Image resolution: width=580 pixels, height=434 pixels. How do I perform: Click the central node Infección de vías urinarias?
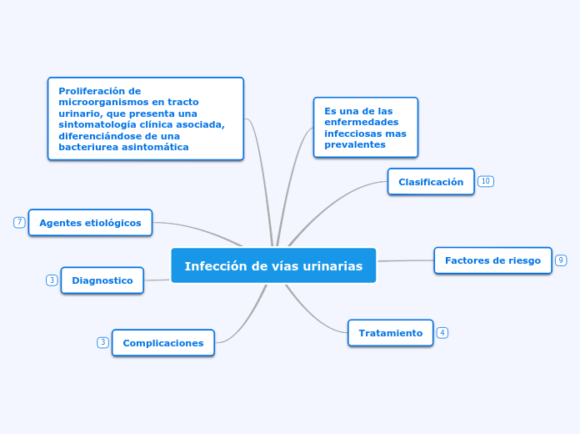273,265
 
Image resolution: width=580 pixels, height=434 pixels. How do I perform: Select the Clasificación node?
431,181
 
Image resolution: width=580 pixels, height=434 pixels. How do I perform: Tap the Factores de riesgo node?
492,260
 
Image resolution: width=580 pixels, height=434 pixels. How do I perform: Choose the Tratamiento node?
390,332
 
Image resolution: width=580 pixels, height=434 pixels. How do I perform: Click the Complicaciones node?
163,342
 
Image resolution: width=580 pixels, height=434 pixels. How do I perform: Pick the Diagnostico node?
102,280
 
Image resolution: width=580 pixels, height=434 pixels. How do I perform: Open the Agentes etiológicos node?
91,223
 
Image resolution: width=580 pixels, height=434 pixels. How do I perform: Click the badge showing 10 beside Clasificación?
486,181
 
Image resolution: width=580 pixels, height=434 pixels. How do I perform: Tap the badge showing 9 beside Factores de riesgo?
561,260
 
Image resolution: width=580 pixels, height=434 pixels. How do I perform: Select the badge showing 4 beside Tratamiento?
442,332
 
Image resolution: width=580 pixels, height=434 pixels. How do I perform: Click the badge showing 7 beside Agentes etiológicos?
19,222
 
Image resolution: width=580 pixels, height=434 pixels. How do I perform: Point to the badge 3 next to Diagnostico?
52,280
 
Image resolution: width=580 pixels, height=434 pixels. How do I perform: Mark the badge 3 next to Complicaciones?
102,342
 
